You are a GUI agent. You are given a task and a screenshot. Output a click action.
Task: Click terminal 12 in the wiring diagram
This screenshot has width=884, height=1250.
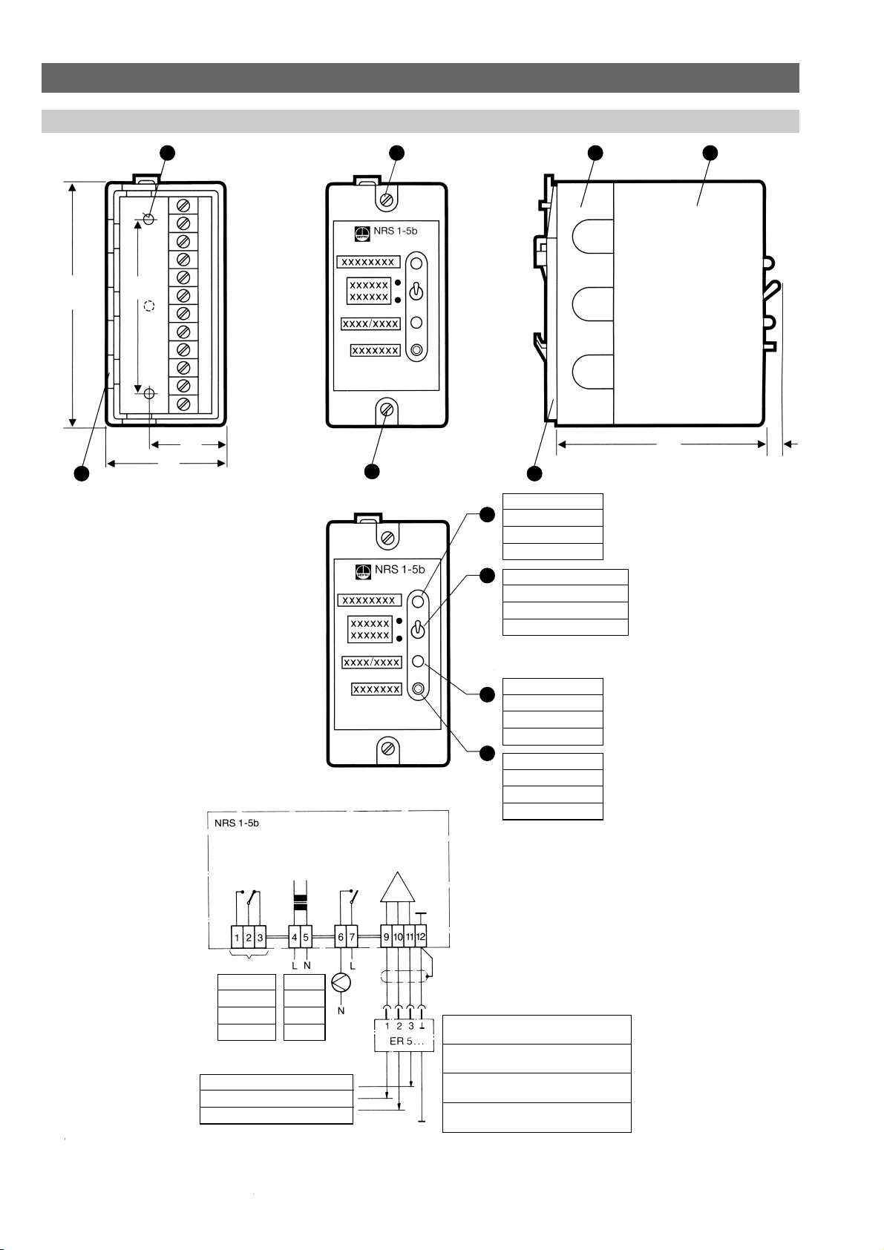click(x=422, y=937)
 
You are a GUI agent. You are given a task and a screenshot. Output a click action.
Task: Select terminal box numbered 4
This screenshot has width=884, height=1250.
click(x=295, y=937)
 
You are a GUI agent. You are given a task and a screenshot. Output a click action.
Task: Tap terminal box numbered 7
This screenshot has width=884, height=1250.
click(x=353, y=937)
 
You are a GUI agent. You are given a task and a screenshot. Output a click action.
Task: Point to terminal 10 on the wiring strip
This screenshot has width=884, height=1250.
click(x=398, y=937)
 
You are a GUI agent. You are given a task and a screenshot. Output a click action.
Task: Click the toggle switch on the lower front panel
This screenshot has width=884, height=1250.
click(x=418, y=628)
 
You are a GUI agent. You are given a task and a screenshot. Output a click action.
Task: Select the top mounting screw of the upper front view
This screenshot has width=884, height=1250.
click(x=386, y=200)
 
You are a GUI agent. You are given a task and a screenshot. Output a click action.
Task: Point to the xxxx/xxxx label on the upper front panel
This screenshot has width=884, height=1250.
click(x=371, y=324)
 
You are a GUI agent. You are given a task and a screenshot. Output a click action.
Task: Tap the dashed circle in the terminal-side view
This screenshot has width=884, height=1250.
click(x=148, y=306)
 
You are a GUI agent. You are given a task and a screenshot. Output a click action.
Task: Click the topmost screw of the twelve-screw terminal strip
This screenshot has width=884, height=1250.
click(x=183, y=205)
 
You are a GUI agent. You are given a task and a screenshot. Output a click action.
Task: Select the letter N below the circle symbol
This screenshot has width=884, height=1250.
click(x=341, y=1010)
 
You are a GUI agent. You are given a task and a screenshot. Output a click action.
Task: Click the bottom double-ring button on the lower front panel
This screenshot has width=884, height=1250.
click(x=418, y=690)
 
